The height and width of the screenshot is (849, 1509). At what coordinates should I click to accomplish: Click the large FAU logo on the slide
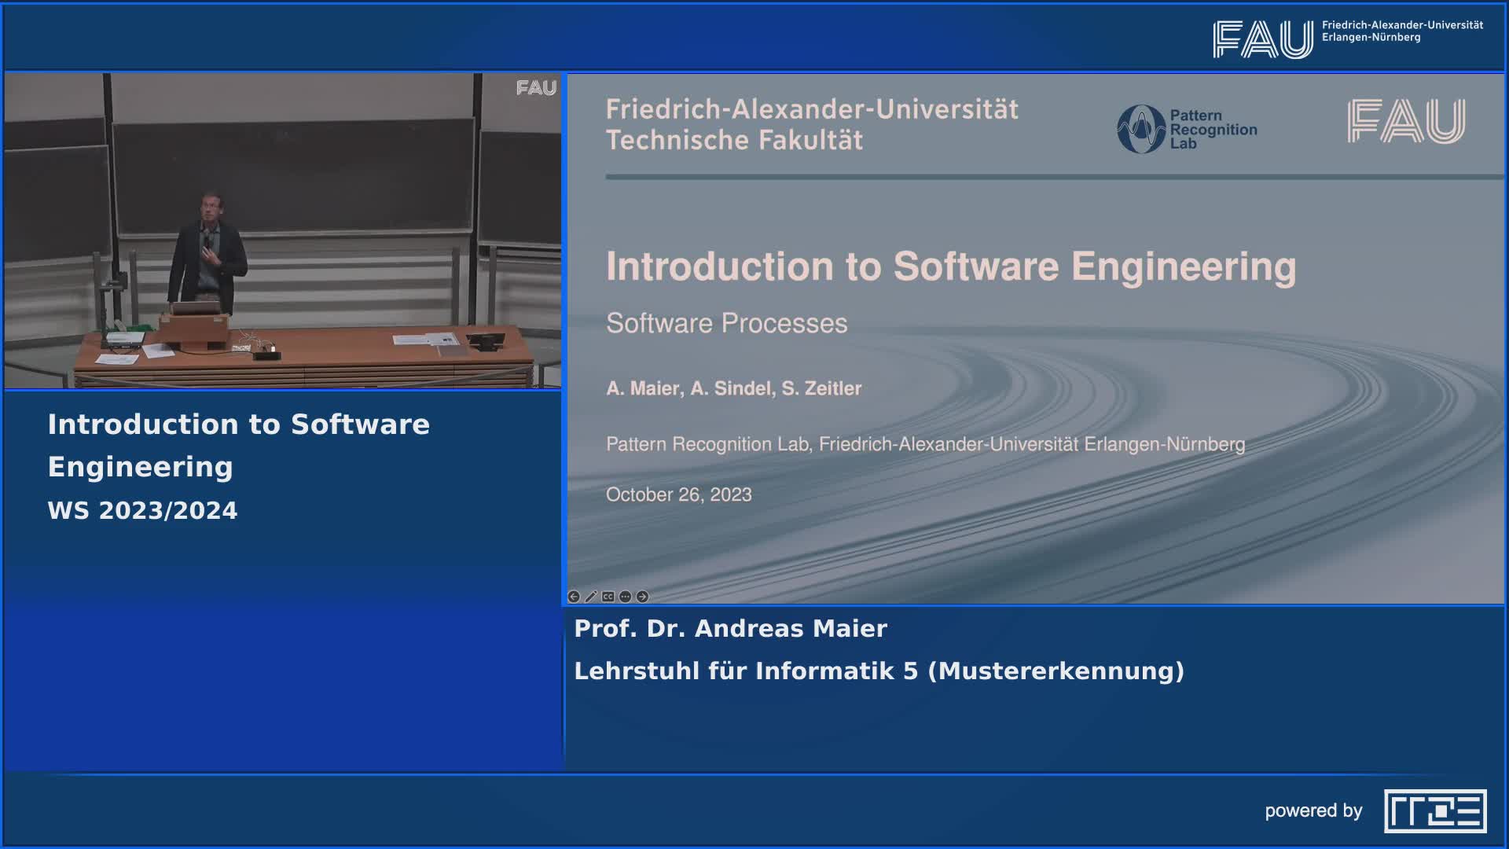coord(1406,121)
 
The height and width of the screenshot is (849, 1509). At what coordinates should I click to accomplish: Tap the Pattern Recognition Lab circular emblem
coord(1141,129)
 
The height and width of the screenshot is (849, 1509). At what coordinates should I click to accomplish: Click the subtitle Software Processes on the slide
coord(726,323)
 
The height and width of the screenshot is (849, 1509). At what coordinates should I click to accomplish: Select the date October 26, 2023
coord(679,494)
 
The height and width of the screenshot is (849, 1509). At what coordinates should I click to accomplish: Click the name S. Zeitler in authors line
coord(821,388)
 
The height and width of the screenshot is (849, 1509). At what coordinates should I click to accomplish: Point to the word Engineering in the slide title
coord(1184,267)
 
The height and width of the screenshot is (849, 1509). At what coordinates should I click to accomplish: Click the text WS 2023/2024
coord(142,510)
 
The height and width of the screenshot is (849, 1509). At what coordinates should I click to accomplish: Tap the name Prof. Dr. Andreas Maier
coord(730,628)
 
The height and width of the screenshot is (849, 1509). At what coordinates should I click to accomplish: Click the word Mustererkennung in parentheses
coord(1056,671)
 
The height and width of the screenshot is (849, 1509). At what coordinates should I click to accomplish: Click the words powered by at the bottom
coord(1313,811)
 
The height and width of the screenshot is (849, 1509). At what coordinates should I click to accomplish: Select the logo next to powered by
coord(1435,811)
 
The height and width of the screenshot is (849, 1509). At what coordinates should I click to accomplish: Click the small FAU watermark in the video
coord(536,88)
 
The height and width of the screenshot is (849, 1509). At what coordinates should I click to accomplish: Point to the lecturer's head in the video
coord(211,205)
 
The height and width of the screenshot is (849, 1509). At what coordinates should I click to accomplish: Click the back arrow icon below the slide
coord(574,597)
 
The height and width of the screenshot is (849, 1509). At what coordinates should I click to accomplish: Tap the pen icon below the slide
coord(591,597)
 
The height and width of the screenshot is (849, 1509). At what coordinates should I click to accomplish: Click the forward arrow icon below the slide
coord(642,597)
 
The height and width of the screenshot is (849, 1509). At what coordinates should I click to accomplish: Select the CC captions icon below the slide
coord(608,597)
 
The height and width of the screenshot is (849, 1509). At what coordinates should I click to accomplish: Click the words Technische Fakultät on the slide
coord(734,140)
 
